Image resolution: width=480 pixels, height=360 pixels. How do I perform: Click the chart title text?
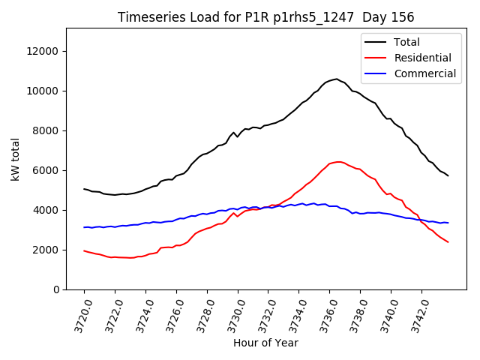[x=266, y=17]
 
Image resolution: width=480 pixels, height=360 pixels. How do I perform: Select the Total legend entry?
[x=407, y=42]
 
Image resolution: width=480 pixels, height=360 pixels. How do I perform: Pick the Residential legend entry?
[x=423, y=58]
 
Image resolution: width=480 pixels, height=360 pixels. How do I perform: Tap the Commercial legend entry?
[x=424, y=73]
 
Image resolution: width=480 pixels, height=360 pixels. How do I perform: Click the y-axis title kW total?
[x=16, y=159]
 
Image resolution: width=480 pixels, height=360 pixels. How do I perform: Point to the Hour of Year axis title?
[x=265, y=343]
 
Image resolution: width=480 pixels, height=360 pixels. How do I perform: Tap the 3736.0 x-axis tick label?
[x=323, y=314]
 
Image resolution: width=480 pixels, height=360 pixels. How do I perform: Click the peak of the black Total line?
[x=337, y=78]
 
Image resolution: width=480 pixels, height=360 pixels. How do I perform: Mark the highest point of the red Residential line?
[x=339, y=161]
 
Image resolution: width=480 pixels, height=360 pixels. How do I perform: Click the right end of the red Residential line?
[x=448, y=242]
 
